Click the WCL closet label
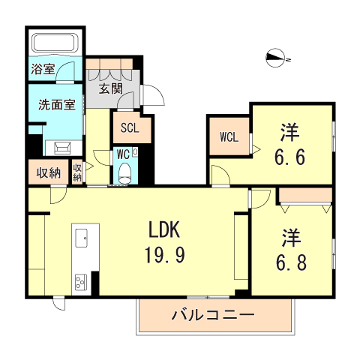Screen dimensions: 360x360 (229, 137)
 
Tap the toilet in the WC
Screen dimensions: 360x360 (125, 172)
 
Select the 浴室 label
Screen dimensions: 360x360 (43, 70)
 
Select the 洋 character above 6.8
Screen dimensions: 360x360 (291, 239)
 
